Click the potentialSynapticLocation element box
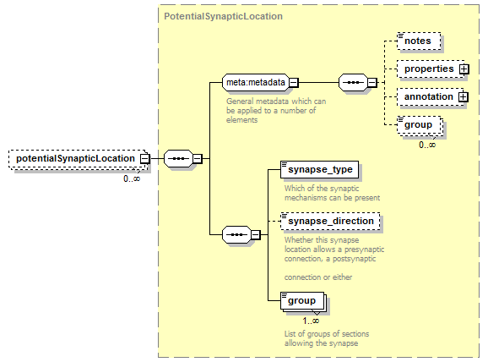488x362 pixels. pyautogui.click(x=77, y=159)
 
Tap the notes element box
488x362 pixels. pyautogui.click(x=419, y=41)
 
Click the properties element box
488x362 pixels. pyautogui.click(x=431, y=69)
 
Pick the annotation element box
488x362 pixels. pyautogui.click(x=431, y=97)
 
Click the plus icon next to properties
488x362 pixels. pyautogui.click(x=464, y=69)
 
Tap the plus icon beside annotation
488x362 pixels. pyautogui.click(x=464, y=97)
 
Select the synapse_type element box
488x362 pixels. pyautogui.click(x=320, y=170)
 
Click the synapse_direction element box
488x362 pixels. pyautogui.click(x=330, y=222)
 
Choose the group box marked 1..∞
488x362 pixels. pyautogui.click(x=302, y=301)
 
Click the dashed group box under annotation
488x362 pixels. pyautogui.click(x=420, y=125)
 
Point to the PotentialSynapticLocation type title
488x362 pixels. pyautogui.click(x=223, y=16)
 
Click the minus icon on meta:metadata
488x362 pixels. pyautogui.click(x=294, y=83)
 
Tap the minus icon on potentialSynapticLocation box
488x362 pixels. pyautogui.click(x=144, y=159)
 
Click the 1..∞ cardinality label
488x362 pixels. pyautogui.click(x=311, y=321)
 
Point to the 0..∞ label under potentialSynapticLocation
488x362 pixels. pyautogui.click(x=132, y=178)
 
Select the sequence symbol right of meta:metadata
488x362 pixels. pyautogui.click(x=353, y=83)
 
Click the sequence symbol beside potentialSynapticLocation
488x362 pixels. pyautogui.click(x=179, y=159)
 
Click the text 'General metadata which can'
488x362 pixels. pyautogui.click(x=276, y=101)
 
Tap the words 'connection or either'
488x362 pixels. pyautogui.click(x=318, y=277)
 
